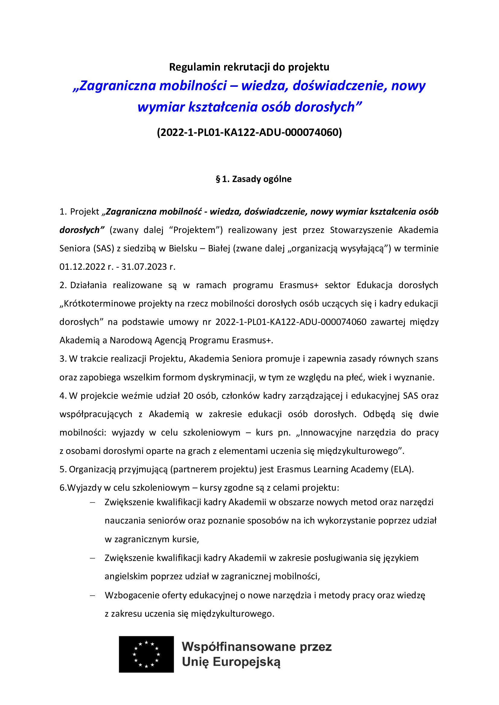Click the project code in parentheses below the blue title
tap(249, 132)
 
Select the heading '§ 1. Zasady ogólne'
tap(253, 179)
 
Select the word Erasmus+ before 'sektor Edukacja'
tap(299, 285)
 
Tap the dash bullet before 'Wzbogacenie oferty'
tap(92, 595)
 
